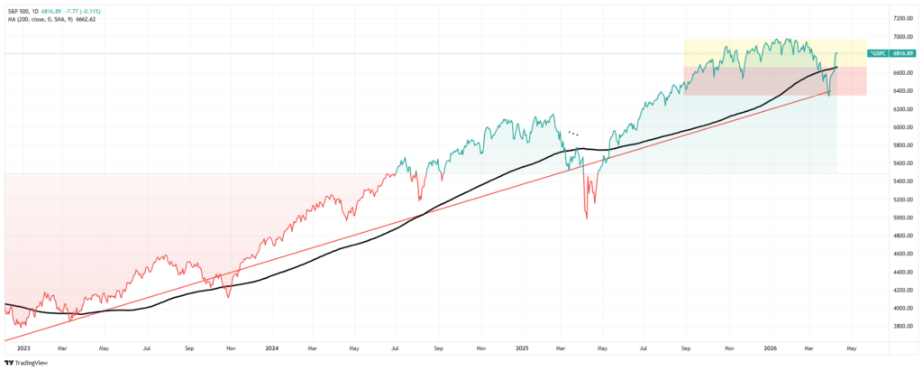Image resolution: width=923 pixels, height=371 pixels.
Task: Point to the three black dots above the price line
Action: click(x=572, y=133)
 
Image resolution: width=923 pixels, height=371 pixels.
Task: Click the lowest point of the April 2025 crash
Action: click(x=587, y=218)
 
